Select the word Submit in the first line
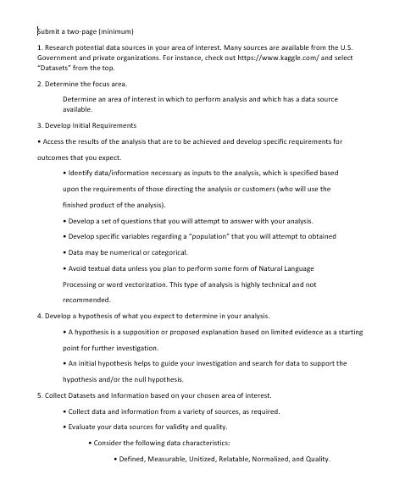pyautogui.click(x=48, y=30)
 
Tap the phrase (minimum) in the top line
pyautogui.click(x=114, y=30)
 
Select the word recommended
pyautogui.click(x=87, y=299)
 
